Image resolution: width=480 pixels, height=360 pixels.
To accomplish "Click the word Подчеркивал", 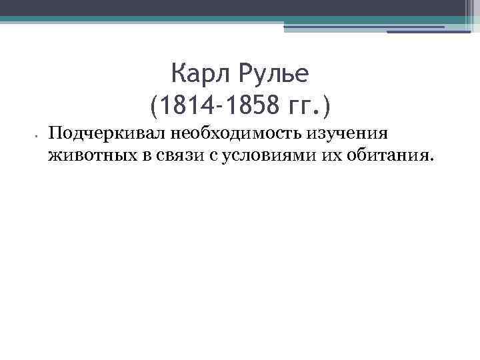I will pos(107,133).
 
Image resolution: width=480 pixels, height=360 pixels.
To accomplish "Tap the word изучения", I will pos(347,133).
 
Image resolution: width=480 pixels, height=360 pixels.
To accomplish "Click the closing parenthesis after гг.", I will pos(326,105).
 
